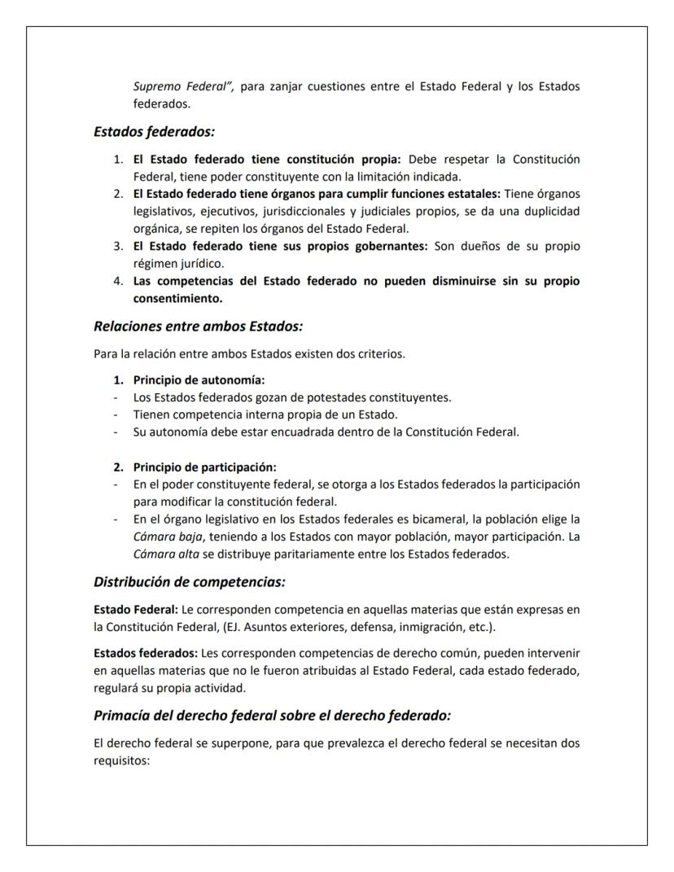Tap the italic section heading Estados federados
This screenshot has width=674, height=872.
(154, 130)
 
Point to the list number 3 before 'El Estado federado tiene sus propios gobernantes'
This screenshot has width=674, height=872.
(118, 246)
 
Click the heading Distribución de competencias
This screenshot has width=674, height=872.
(189, 582)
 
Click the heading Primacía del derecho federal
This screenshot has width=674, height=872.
(272, 716)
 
